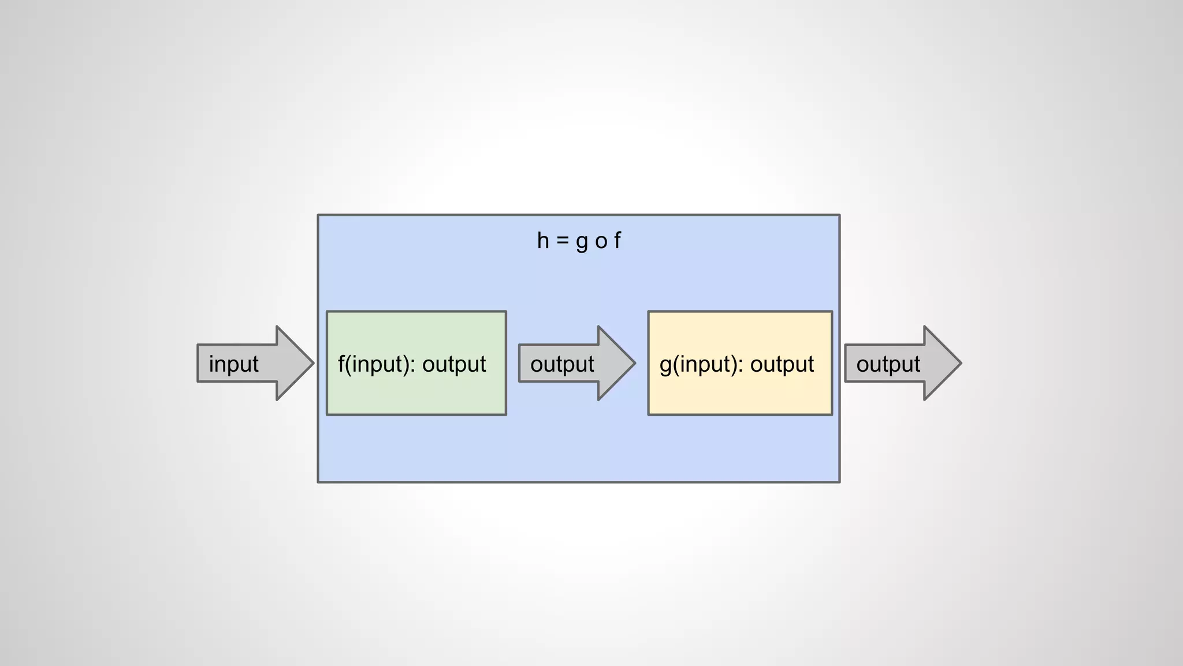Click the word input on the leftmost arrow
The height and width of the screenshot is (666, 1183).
[x=233, y=364]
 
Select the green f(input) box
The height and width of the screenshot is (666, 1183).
[x=416, y=393]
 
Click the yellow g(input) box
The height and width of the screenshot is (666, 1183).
[x=739, y=393]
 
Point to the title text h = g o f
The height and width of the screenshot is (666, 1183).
[x=579, y=240]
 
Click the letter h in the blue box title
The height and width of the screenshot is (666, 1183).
[x=543, y=240]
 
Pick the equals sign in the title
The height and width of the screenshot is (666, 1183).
[x=562, y=241]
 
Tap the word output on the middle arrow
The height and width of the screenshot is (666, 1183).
[x=562, y=364]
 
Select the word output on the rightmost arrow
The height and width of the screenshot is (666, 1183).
[x=888, y=364]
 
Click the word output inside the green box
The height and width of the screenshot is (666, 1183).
[x=454, y=364]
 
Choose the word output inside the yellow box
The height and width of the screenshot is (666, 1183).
[x=782, y=364]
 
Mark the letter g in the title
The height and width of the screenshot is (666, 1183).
[x=582, y=242]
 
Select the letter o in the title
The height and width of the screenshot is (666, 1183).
[x=601, y=242]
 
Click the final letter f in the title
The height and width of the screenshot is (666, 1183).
[x=617, y=240]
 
